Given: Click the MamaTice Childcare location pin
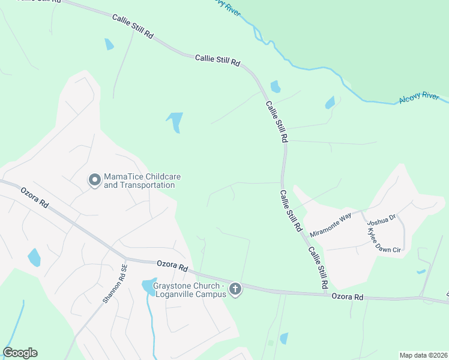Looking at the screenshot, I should tap(94, 180).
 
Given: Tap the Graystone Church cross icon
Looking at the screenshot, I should tap(235, 290).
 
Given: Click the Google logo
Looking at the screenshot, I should tap(20, 353).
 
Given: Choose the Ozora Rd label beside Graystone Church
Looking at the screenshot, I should tap(173, 265).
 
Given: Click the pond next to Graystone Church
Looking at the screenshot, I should tap(148, 287).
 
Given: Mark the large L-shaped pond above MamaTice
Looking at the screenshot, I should tap(175, 121).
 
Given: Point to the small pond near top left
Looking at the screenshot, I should tap(109, 44).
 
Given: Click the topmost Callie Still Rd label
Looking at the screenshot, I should tap(133, 27).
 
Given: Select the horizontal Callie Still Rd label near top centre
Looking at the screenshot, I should tap(217, 60).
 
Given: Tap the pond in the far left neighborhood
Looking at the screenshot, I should tap(34, 257).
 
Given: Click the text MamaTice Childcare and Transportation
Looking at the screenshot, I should tap(142, 181).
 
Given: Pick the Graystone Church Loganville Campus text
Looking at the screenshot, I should tap(189, 290).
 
